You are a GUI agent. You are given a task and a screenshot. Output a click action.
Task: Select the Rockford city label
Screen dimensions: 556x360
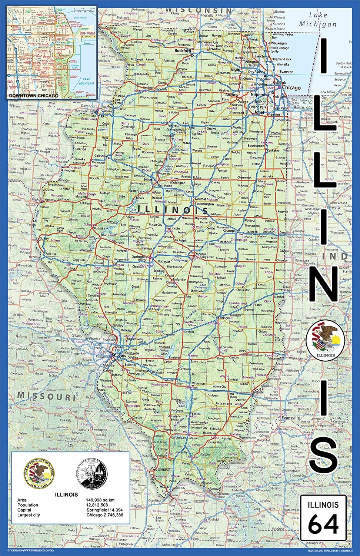pos(182,50)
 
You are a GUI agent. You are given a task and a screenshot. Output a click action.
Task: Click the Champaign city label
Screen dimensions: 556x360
pos(232,231)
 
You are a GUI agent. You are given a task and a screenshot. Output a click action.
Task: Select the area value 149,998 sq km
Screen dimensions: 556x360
pos(100,500)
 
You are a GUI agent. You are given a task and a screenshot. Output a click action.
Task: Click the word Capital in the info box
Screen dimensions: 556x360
pos(25,510)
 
